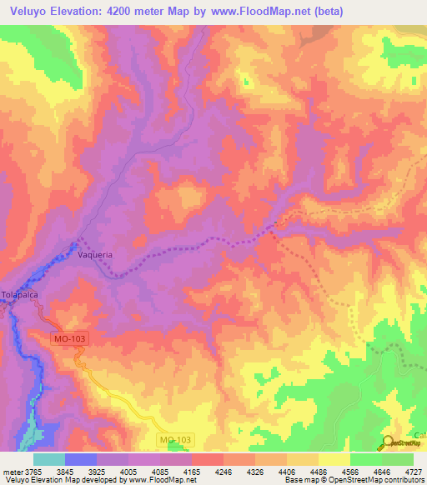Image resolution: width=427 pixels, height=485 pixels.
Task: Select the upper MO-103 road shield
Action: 67,339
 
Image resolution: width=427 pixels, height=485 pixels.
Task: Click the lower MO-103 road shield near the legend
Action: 173,439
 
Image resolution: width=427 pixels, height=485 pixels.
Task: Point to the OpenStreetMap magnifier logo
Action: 389,442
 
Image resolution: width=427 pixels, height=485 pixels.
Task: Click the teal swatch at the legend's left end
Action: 49,459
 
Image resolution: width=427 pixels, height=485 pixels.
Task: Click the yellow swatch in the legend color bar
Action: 334,459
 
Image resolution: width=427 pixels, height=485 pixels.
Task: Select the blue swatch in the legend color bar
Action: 81,459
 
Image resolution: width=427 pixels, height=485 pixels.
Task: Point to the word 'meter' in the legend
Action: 12,471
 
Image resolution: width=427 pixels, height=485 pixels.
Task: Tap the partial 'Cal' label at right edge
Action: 420,435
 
